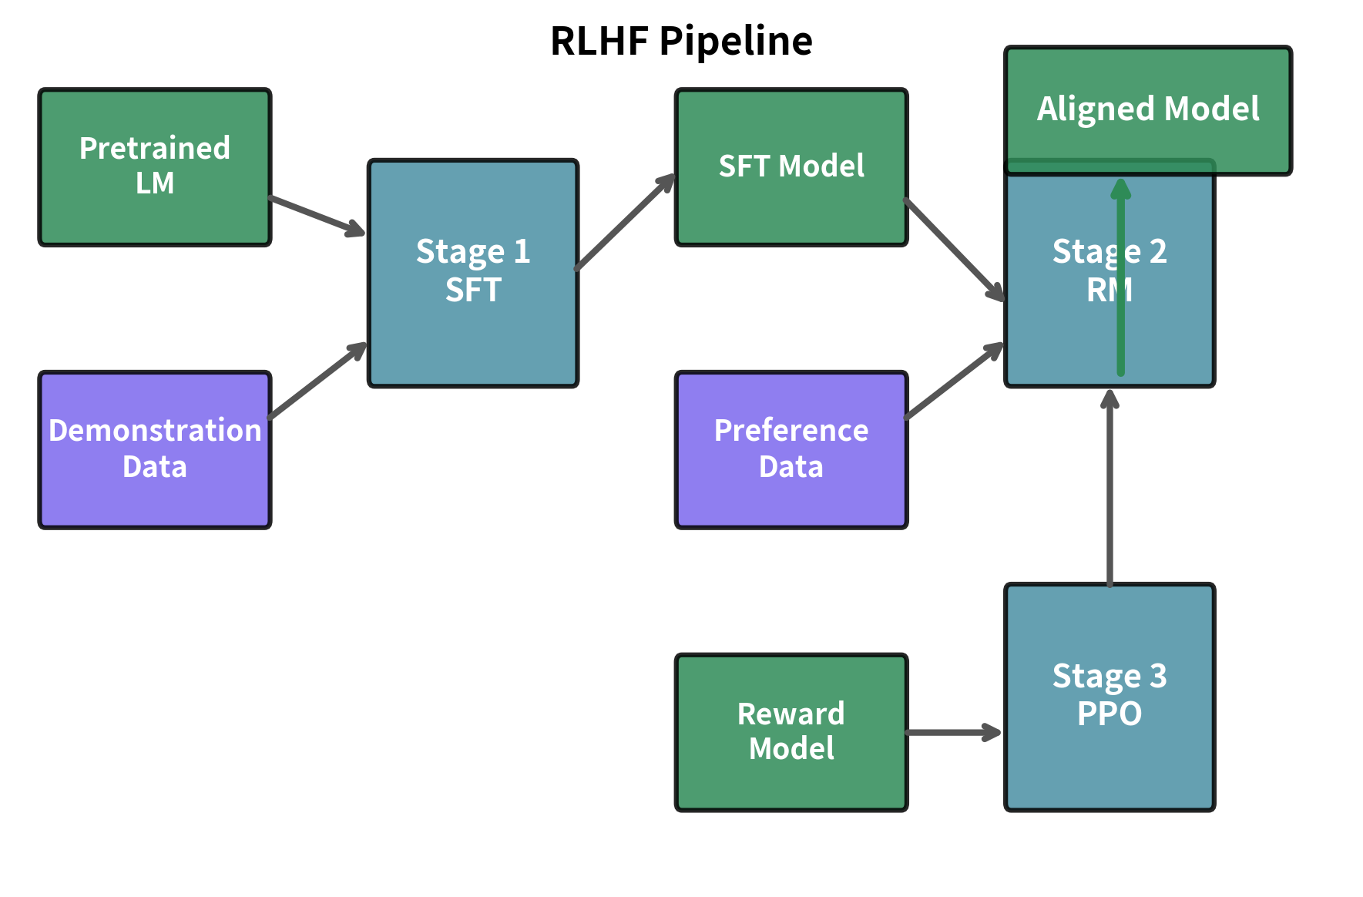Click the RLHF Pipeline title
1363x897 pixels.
(681, 41)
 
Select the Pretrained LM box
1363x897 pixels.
(155, 166)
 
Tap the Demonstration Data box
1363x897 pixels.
(155, 449)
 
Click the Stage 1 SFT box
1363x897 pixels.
(473, 272)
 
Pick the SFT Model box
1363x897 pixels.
(791, 166)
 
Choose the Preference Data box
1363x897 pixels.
(791, 449)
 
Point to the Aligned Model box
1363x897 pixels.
(1147, 109)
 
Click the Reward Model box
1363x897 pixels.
(791, 731)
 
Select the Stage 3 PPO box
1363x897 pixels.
(1110, 696)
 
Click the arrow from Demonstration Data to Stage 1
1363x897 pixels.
(317, 381)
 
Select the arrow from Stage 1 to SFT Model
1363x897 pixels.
(625, 223)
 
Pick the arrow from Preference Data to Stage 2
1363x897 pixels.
(954, 381)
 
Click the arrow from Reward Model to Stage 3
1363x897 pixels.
(954, 732)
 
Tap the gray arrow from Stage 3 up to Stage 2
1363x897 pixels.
(1110, 493)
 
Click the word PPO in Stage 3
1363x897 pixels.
(1110, 714)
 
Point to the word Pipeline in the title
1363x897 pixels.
(736, 41)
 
